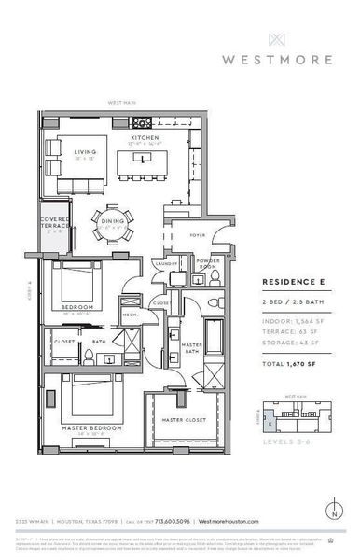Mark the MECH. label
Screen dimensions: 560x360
(x=131, y=315)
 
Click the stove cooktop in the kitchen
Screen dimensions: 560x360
(x=144, y=121)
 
